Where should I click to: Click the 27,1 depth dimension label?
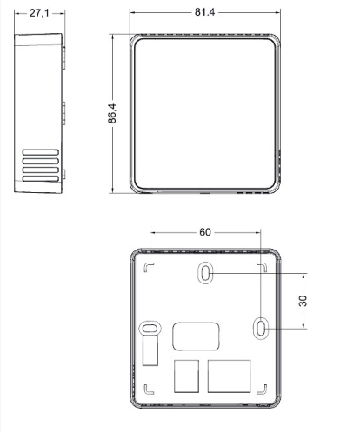(39, 13)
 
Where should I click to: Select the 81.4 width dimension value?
(205, 12)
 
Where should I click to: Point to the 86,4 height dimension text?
(112, 113)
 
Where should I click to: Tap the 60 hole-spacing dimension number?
(205, 232)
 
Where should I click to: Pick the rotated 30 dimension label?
(303, 301)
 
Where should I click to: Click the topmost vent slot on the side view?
(41, 152)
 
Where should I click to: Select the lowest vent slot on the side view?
(41, 178)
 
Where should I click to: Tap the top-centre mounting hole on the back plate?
(205, 272)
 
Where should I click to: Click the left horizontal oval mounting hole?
(150, 328)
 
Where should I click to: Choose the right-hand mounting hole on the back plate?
(261, 329)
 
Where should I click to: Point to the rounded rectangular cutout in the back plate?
(196, 336)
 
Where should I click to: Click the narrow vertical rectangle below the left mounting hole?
(150, 350)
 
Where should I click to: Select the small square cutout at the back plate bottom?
(186, 376)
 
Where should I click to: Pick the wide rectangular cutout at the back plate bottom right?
(229, 376)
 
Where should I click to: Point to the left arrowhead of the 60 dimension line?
(152, 232)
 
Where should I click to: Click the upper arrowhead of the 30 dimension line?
(303, 276)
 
